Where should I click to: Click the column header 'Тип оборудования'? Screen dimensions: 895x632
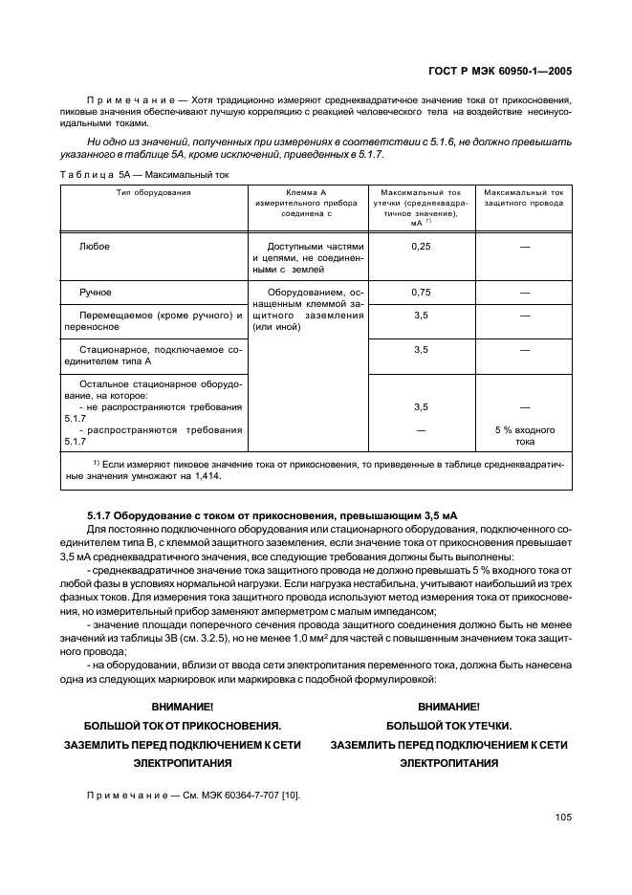[x=153, y=192]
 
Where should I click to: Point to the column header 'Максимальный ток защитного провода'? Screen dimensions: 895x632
[x=524, y=198]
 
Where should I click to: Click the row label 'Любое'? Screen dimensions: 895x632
[x=95, y=247]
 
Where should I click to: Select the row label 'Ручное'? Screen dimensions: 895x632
[x=96, y=292]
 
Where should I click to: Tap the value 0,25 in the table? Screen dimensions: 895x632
[x=421, y=247]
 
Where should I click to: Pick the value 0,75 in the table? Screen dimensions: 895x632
[x=421, y=292]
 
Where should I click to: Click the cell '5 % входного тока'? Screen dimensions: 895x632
[x=524, y=436]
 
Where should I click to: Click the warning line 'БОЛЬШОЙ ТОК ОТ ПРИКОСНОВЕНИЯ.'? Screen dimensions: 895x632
[x=183, y=725]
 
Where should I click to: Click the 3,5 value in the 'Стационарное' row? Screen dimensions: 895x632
[x=421, y=349]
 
